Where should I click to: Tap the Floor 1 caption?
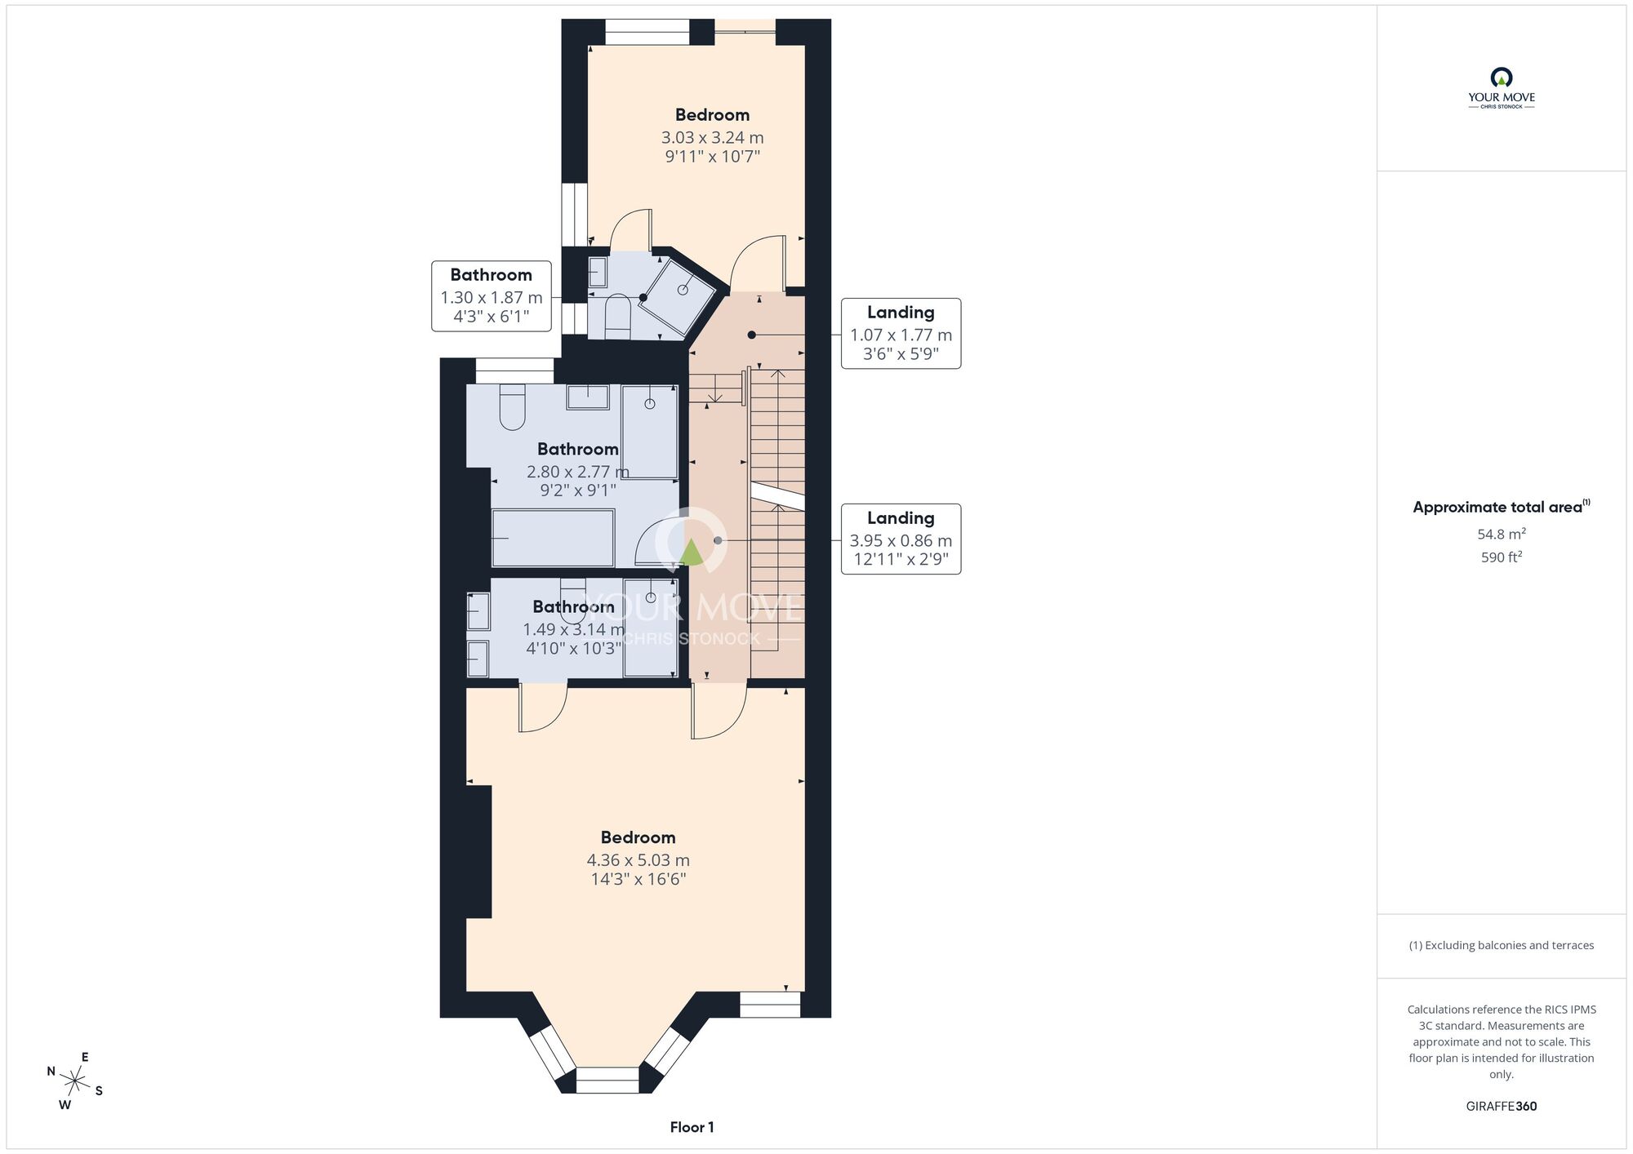(x=692, y=1127)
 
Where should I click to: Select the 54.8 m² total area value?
(x=1501, y=534)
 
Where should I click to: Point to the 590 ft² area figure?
(x=1501, y=557)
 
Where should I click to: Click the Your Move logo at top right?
(x=1501, y=88)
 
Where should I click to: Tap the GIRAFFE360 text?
(x=1501, y=1107)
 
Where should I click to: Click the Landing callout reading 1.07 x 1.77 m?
(x=901, y=334)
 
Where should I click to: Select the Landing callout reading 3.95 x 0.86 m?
(x=901, y=539)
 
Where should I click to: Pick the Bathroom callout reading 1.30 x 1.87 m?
(x=491, y=296)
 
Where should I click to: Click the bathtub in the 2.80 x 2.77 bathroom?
(x=553, y=538)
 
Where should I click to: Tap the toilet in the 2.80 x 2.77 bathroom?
(x=512, y=406)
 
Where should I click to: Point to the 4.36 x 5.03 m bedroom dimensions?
(x=638, y=869)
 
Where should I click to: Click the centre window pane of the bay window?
(x=607, y=1080)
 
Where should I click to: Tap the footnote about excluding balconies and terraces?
(x=1501, y=945)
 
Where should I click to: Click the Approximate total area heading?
(x=1501, y=507)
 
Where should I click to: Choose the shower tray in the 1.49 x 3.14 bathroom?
(x=651, y=628)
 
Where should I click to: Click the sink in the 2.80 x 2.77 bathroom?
(x=588, y=397)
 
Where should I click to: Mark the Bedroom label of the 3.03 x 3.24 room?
(x=712, y=115)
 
